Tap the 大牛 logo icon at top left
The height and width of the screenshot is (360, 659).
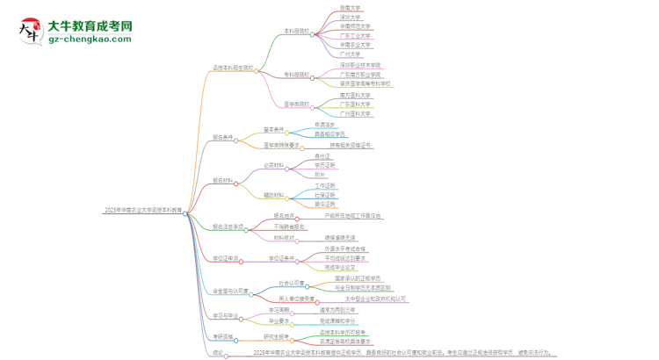tap(28, 32)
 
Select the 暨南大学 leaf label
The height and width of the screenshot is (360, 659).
tap(350, 7)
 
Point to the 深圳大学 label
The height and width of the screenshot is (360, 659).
tap(350, 17)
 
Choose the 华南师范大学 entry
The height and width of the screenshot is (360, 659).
tap(355, 26)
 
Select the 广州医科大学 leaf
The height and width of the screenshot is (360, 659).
tap(355, 113)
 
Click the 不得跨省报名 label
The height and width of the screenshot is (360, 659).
tap(290, 227)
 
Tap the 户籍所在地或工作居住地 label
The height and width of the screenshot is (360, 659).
tap(353, 215)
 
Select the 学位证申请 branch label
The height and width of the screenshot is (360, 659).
tap(226, 258)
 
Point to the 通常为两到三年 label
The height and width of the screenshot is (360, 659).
tap(338, 309)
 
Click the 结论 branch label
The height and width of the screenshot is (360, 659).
tap(217, 352)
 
